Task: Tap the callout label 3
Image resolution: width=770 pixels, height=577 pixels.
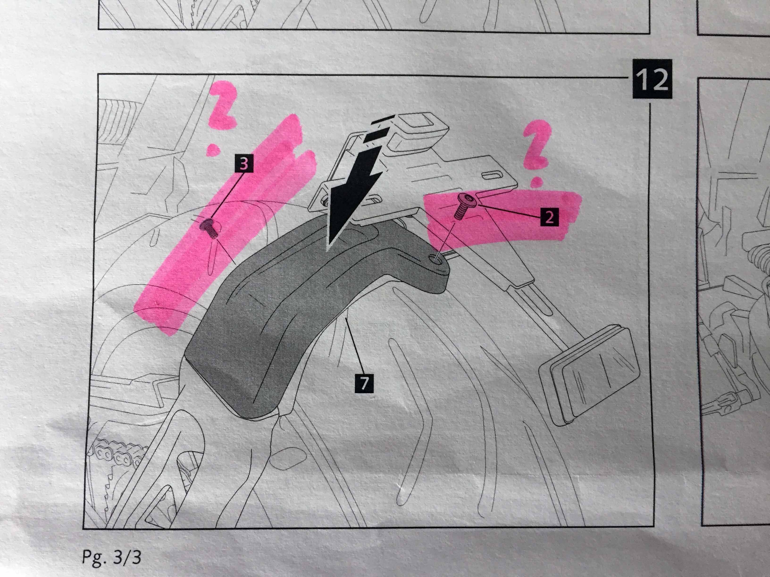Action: coord(244,164)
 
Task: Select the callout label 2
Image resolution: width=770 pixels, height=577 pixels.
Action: coord(549,217)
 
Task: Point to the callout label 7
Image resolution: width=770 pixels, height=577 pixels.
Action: coord(364,383)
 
